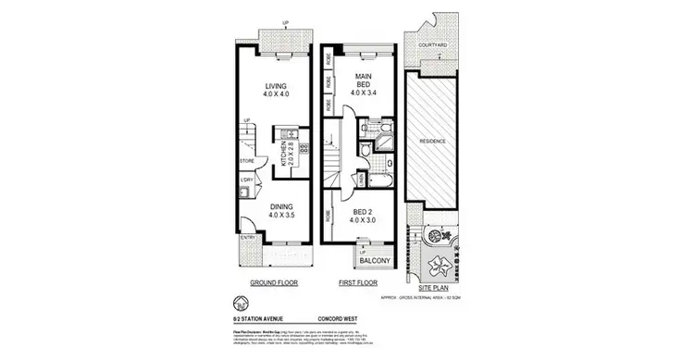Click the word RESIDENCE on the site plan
[x=434, y=141]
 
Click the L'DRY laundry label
[x=247, y=180]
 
